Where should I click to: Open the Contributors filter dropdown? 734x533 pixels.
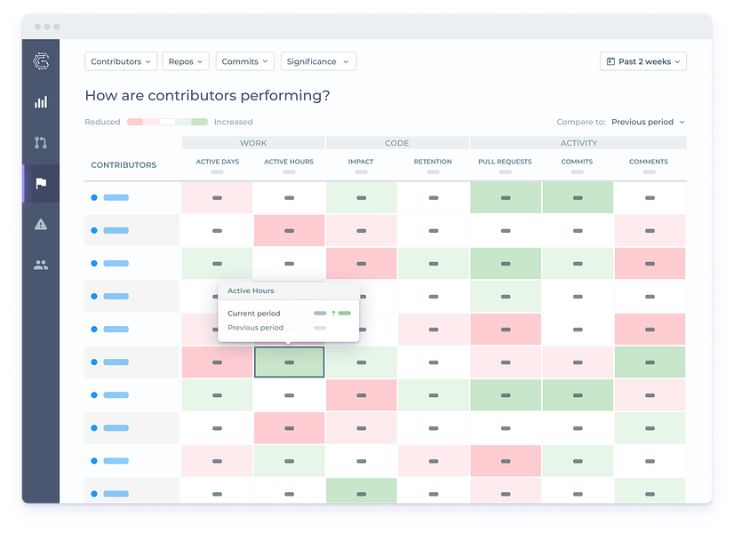[x=121, y=61]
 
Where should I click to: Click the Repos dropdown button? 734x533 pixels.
[x=186, y=61]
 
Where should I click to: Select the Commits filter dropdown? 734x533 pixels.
[x=244, y=61]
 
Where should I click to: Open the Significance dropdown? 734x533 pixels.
[x=318, y=61]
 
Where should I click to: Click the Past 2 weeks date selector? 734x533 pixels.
[x=643, y=61]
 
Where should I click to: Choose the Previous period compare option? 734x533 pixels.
[x=648, y=122]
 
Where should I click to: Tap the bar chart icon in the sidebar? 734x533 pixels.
[x=41, y=102]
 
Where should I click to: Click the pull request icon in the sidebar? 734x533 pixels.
[x=41, y=143]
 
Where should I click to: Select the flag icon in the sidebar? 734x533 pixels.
[x=41, y=183]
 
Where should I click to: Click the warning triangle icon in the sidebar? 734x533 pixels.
[x=41, y=224]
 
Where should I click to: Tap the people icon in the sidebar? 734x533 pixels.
[x=41, y=266]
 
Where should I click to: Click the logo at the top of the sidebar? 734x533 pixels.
[x=41, y=60]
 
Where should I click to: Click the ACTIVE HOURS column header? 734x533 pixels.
[x=289, y=162]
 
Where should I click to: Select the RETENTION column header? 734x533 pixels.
[x=433, y=162]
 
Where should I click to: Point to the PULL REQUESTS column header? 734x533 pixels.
[x=505, y=162]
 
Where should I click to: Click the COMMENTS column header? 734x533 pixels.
[x=649, y=162]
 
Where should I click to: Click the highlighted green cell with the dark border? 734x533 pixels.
[x=290, y=362]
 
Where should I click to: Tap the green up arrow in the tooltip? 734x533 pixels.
[x=333, y=313]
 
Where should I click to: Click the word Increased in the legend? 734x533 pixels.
[x=233, y=122]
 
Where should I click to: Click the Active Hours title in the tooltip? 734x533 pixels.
[x=251, y=290]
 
